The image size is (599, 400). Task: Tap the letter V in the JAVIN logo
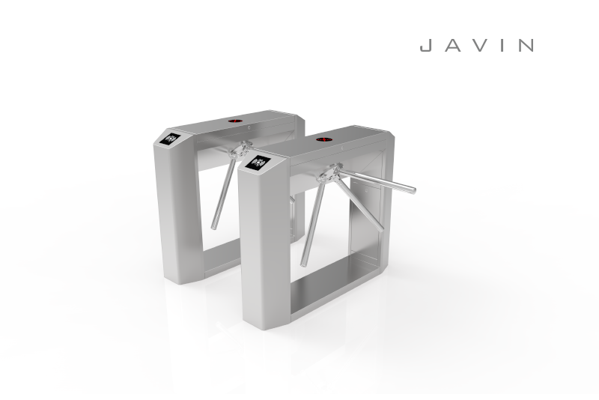476,46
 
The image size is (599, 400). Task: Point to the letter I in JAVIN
501,46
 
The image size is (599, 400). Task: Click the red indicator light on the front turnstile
325,139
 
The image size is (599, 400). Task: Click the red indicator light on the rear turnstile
234,120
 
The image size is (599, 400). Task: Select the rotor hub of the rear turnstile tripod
236,152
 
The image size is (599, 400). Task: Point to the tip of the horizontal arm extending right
412,190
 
